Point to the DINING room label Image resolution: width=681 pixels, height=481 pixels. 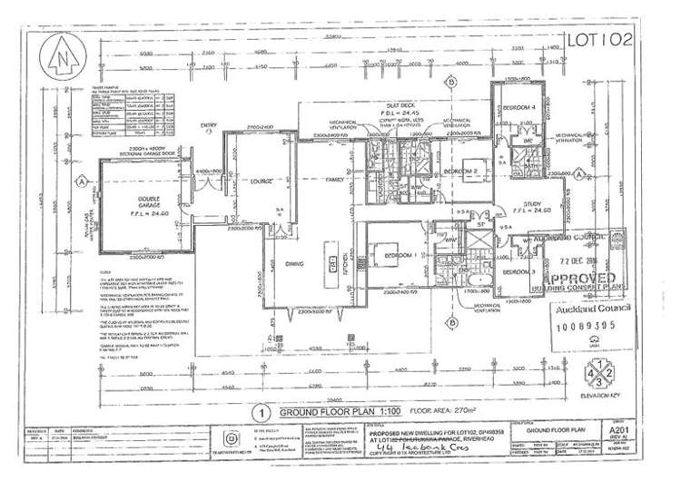pos(292,263)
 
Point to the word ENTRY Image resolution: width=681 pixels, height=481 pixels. pos(209,125)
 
